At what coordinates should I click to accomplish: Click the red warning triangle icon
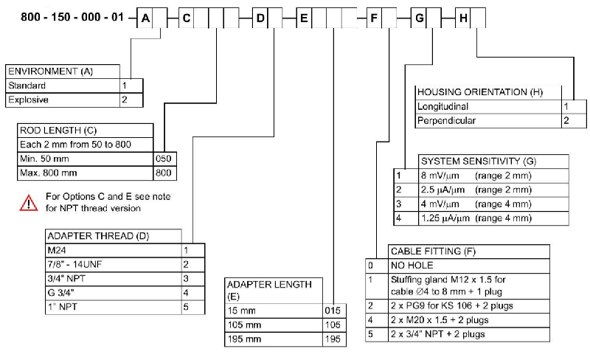pyautogui.click(x=28, y=202)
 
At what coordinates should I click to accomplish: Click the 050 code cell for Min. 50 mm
pyautogui.click(x=164, y=158)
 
